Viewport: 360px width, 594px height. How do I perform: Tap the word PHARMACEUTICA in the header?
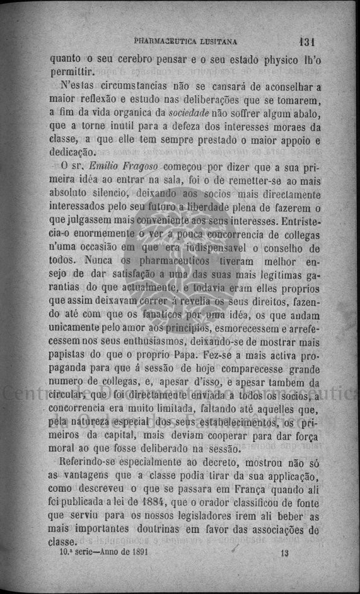166,42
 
